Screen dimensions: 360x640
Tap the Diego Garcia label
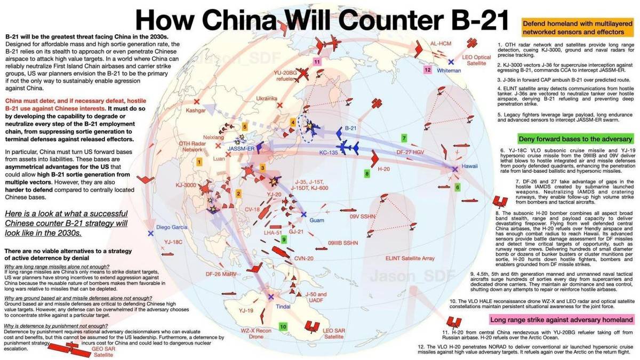[x=170, y=228]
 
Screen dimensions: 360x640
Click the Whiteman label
[x=448, y=70]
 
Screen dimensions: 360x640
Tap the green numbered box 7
[x=404, y=138]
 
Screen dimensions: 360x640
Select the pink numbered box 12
[x=427, y=69]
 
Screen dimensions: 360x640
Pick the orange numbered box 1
[x=199, y=161]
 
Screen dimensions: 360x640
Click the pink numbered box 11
[x=317, y=62]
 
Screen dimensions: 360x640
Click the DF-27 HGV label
[x=410, y=153]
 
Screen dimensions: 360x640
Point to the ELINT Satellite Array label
[x=410, y=258]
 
